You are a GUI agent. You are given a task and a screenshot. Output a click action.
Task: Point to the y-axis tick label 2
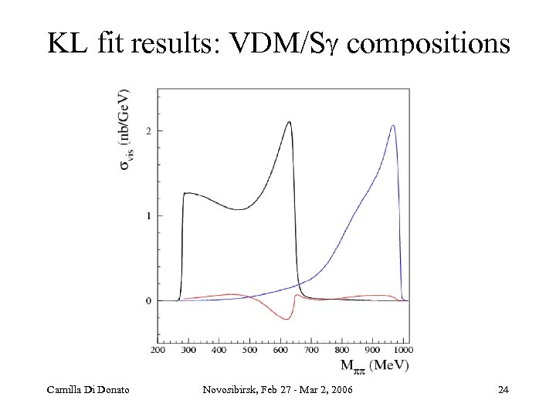[148, 131]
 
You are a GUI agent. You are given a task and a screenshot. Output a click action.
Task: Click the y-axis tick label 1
[148, 215]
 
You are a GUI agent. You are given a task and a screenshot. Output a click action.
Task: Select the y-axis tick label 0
[148, 300]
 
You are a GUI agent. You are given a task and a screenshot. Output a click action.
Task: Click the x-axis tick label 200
[158, 350]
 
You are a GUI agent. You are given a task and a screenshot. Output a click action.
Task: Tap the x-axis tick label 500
[249, 350]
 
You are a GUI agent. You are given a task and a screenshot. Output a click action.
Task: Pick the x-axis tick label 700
[311, 350]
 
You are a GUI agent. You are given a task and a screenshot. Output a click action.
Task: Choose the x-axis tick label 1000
[402, 350]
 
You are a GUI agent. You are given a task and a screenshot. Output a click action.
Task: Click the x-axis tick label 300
[188, 350]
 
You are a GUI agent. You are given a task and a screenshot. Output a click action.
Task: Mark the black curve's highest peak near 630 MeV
[289, 122]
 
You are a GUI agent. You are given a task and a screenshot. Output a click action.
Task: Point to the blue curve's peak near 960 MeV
[393, 126]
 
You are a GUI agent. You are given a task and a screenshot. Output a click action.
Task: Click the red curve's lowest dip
[283, 319]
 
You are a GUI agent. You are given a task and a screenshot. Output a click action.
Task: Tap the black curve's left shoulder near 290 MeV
[186, 193]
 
